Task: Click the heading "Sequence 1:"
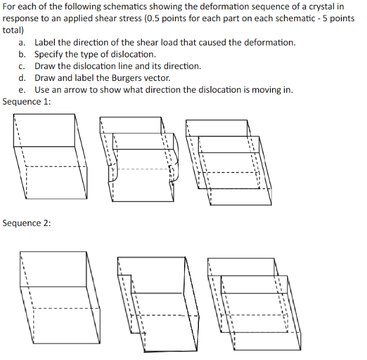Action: coord(27,102)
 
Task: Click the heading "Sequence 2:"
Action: coord(27,223)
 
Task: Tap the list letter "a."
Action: coord(22,43)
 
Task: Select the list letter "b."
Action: coord(22,54)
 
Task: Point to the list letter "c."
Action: coord(22,66)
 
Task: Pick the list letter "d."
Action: coord(22,78)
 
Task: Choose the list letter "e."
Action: coord(22,90)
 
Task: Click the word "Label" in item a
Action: coord(47,43)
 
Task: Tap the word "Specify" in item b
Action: coord(51,54)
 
